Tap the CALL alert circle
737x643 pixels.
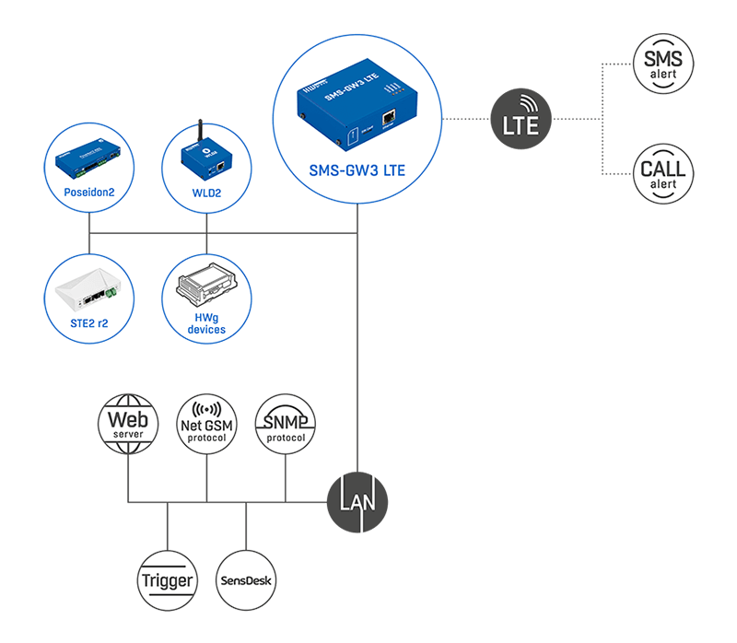pos(663,172)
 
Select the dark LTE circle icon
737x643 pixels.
pos(521,117)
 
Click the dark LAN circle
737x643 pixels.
pos(357,502)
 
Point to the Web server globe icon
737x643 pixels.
pos(128,424)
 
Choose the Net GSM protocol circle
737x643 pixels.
pos(207,424)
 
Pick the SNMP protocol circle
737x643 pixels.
pos(285,424)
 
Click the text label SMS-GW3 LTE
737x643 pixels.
pos(357,170)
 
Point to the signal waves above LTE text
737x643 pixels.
pos(525,101)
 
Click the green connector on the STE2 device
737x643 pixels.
pos(111,293)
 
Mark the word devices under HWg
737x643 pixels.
pos(206,329)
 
